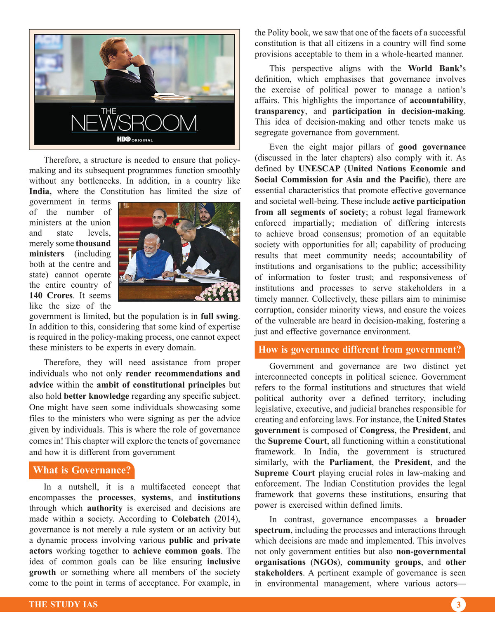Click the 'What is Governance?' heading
pos(82,470)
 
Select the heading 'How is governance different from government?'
pos(359,350)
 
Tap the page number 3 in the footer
pos(458,605)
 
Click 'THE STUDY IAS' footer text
pos(63,605)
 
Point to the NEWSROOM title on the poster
pos(134,123)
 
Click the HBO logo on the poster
pos(123,140)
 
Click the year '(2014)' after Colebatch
pos(227,519)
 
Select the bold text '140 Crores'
pos(51,296)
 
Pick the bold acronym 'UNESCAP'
pos(319,169)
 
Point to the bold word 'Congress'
pos(377,430)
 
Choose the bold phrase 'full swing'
pos(219,317)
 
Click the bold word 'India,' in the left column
pos(40,192)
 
